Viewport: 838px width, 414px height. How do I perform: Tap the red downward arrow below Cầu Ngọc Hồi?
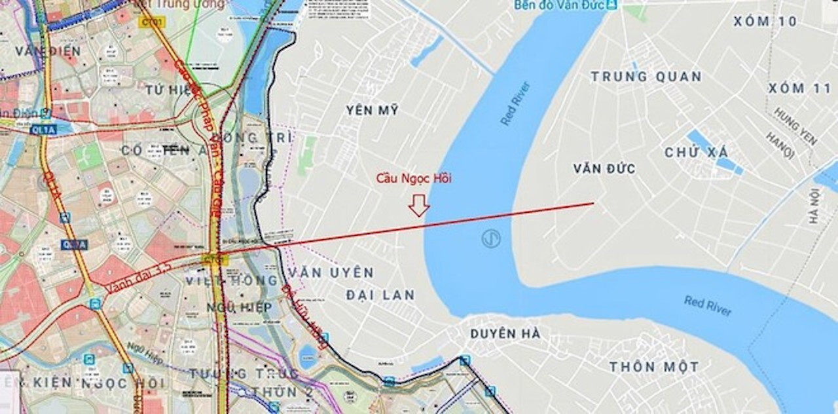(419, 205)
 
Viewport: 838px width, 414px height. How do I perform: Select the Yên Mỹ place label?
(373, 111)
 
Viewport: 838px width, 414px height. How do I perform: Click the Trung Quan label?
(646, 77)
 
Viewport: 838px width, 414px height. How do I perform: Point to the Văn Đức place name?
(604, 169)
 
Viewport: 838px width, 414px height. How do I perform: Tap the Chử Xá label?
(696, 153)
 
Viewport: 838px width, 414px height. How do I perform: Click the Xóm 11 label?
(799, 88)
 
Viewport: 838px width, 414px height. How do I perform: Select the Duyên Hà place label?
(505, 334)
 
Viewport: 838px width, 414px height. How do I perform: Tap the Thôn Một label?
(654, 367)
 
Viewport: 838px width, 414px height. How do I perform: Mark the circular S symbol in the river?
(491, 238)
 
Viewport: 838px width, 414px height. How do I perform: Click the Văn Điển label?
(48, 51)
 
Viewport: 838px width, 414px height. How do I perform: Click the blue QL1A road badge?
(43, 130)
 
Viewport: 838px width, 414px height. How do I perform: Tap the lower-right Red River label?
(708, 305)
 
